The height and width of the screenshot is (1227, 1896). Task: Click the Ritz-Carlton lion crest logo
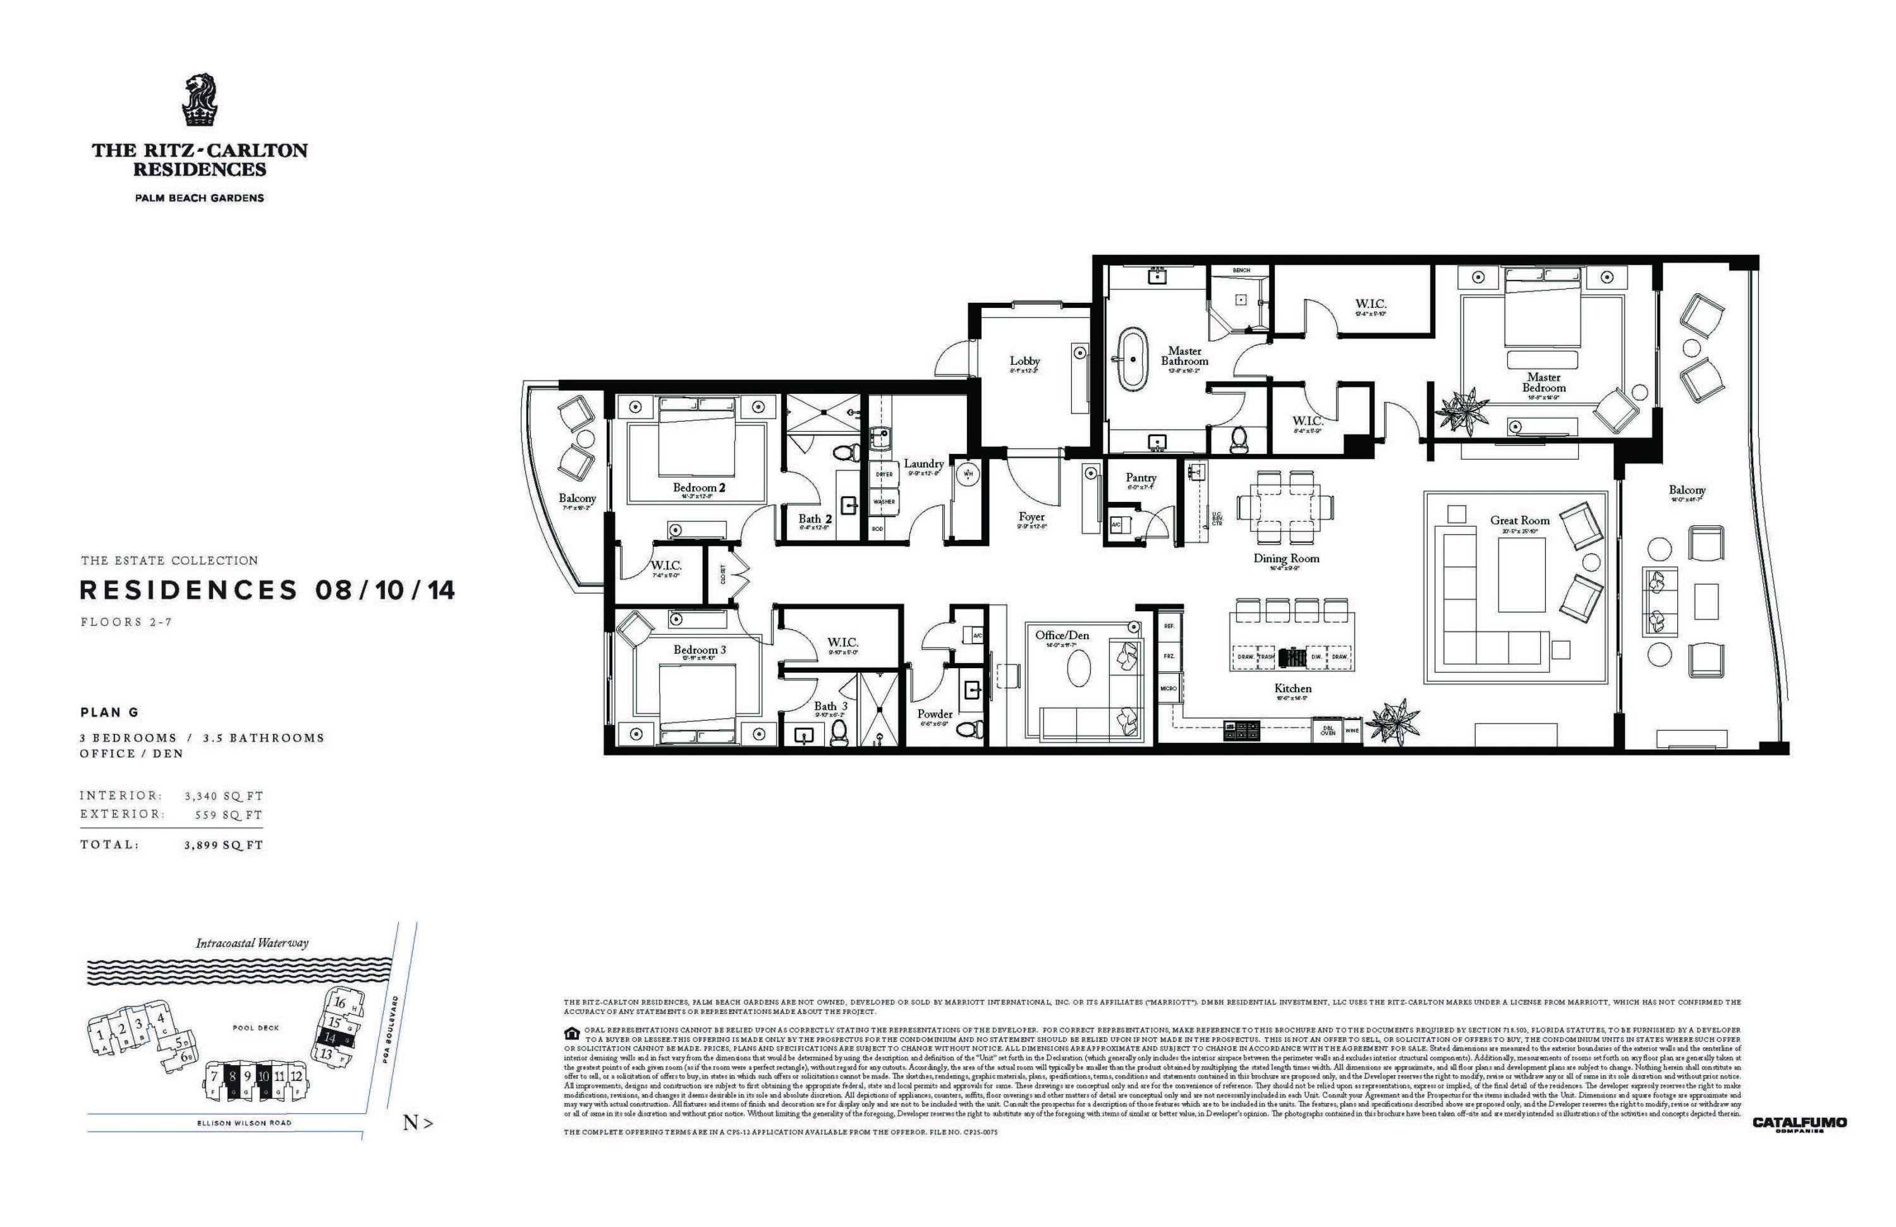pos(199,101)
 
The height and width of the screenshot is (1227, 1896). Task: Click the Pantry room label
pos(1141,477)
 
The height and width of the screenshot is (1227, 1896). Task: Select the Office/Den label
pos(1062,635)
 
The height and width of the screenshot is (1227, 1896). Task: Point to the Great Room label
pos(1520,520)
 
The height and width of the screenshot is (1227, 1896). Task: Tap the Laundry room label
pos(923,464)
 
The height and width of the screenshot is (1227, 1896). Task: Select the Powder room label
pos(935,714)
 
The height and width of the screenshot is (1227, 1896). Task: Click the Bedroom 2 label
pos(698,487)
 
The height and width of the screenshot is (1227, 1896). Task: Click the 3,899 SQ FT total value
pos(223,845)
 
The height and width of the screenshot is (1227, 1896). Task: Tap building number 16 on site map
pos(340,1003)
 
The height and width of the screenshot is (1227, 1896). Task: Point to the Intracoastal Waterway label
pos(252,943)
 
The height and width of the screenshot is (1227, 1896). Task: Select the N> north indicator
pos(418,1123)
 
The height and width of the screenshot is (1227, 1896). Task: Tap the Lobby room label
pos(1024,361)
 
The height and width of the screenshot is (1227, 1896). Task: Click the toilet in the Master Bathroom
pos(1238,438)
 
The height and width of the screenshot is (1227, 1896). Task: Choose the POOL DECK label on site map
pos(256,1028)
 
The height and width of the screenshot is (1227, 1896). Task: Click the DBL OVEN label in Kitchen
pos(1327,731)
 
